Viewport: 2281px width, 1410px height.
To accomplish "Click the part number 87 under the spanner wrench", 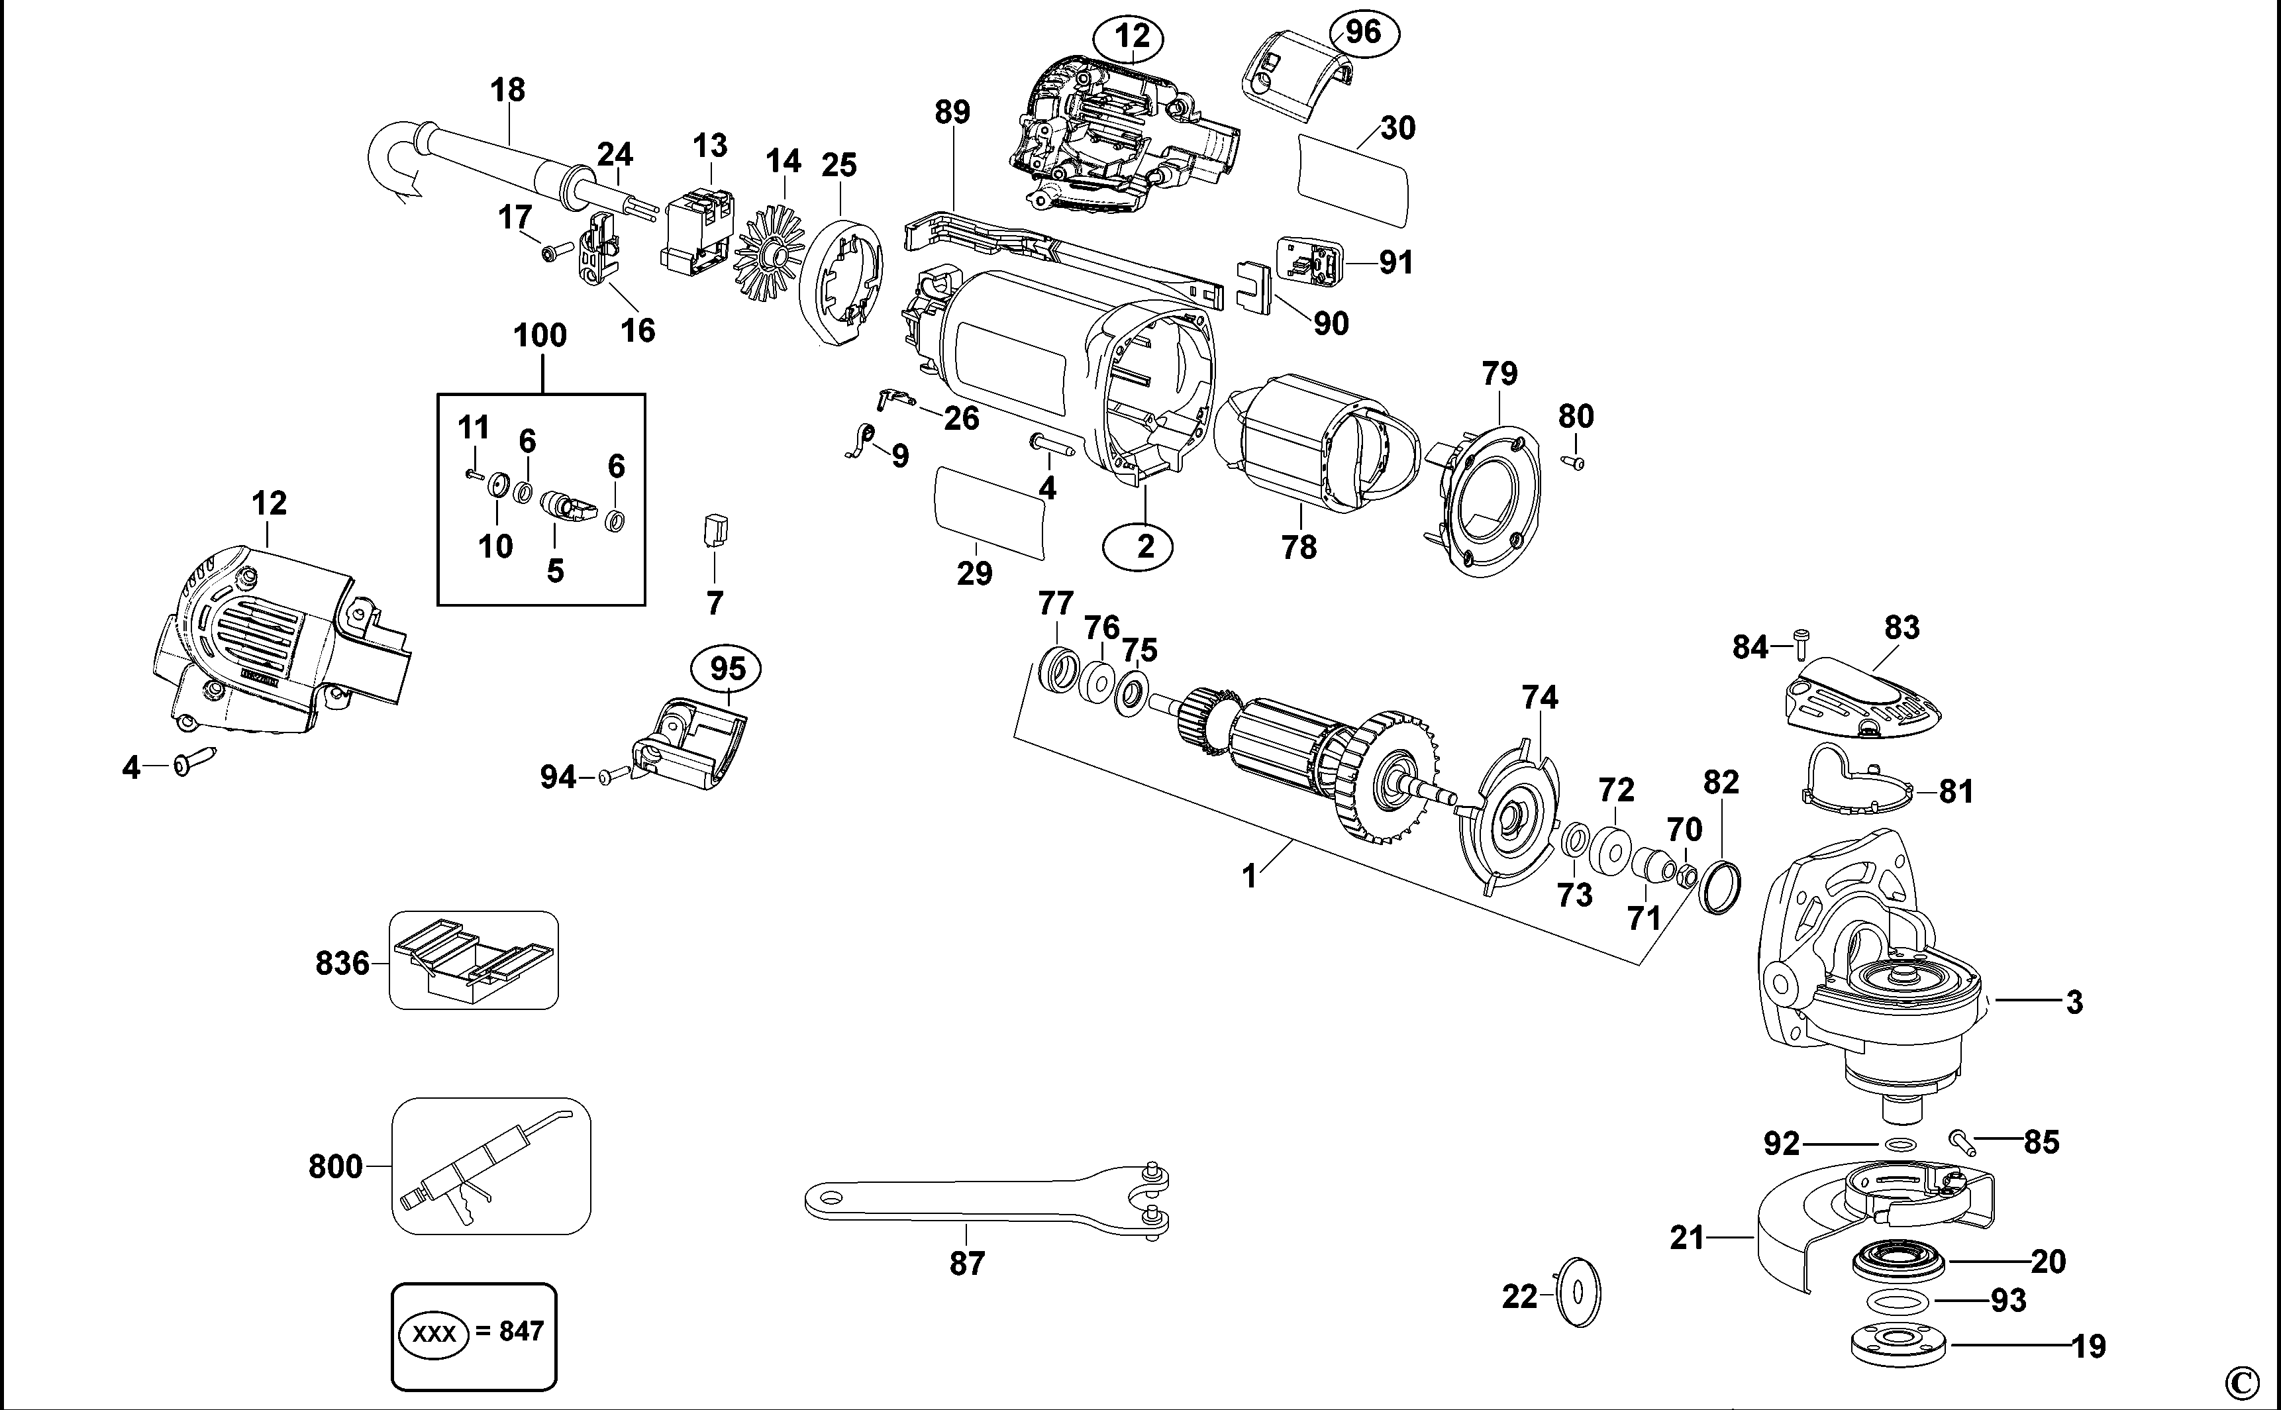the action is pos(967,1264).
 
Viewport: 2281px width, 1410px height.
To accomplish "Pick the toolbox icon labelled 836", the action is pos(474,960).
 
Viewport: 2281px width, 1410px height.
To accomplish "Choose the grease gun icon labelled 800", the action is pos(491,1166).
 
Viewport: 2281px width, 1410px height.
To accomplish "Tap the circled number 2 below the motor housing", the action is pos(1145,546).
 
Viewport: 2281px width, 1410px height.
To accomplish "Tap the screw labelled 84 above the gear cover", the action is pos(1801,644).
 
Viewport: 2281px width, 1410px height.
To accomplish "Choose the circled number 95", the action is pos(725,669).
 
